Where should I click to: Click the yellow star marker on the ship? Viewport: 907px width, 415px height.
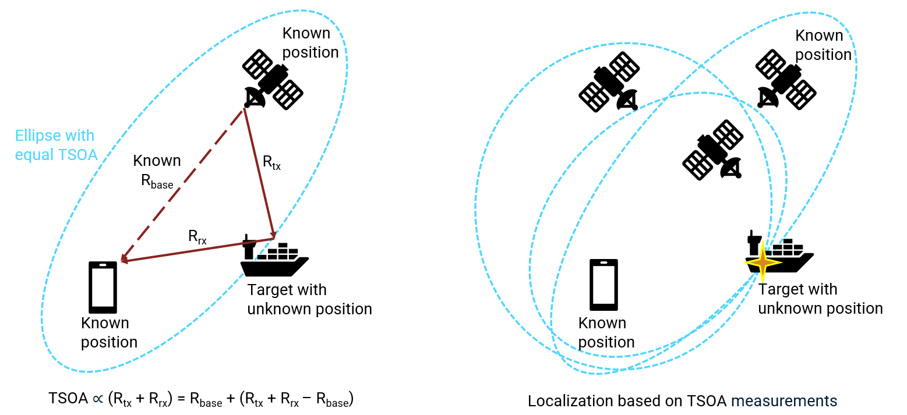click(x=762, y=263)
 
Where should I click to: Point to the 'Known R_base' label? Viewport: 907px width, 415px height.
click(x=157, y=171)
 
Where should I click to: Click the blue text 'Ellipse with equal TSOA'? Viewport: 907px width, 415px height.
click(x=55, y=145)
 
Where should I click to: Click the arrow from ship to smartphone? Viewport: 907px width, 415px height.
click(x=198, y=250)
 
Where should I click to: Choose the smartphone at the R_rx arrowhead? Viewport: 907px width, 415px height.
click(x=103, y=287)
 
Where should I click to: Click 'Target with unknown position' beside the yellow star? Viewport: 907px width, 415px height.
click(x=820, y=299)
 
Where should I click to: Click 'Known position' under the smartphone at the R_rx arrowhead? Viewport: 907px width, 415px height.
click(x=109, y=332)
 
